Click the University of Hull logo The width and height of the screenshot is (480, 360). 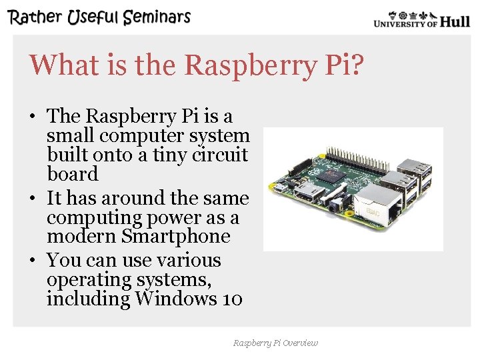tap(421, 20)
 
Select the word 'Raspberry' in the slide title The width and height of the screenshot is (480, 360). tap(227, 65)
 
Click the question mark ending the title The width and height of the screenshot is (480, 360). tap(357, 65)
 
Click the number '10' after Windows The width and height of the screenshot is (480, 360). tap(232, 298)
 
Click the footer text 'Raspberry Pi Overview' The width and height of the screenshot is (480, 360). tap(275, 343)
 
